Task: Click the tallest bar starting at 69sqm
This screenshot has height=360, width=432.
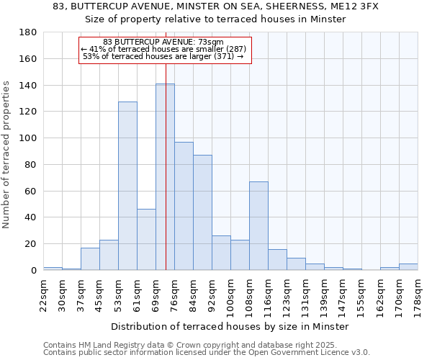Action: click(165, 177)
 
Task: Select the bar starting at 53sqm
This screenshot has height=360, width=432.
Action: click(127, 186)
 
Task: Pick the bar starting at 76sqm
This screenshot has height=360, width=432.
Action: click(184, 206)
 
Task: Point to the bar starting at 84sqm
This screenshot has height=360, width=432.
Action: click(202, 212)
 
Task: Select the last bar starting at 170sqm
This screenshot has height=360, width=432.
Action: click(408, 267)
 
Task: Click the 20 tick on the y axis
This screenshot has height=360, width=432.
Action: click(31, 244)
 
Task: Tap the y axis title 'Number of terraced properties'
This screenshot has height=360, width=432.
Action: click(7, 155)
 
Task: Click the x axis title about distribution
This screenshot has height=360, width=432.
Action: click(230, 326)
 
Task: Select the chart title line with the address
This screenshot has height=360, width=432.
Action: click(216, 6)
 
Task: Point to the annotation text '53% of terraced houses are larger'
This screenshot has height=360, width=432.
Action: click(163, 56)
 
